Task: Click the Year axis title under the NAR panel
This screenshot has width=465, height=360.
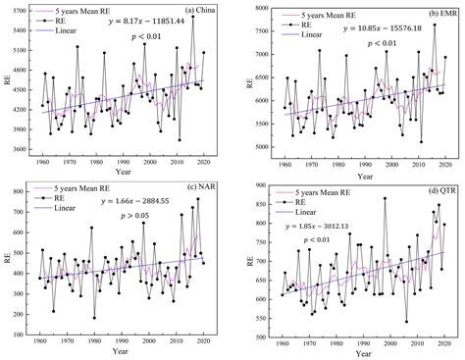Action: click(x=124, y=352)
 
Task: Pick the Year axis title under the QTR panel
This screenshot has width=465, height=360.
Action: click(x=358, y=352)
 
